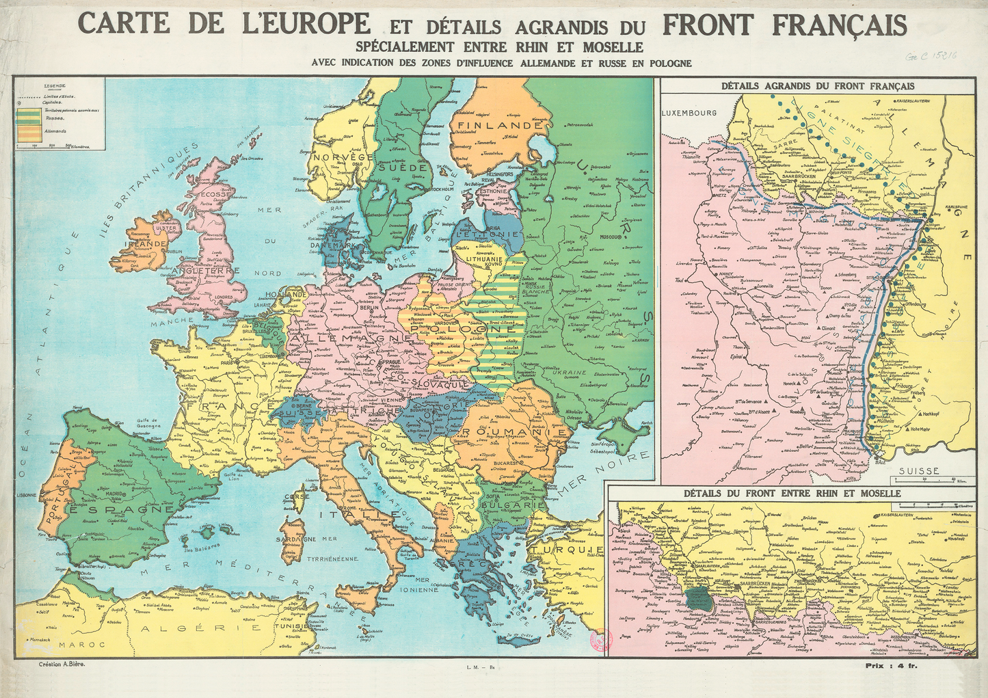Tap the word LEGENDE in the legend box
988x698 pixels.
(x=55, y=86)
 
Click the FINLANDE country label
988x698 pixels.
(x=500, y=126)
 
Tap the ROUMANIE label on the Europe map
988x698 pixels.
(x=515, y=433)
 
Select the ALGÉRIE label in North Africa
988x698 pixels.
(x=200, y=628)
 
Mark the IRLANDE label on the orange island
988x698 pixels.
(x=146, y=243)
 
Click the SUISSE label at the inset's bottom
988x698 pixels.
(x=918, y=470)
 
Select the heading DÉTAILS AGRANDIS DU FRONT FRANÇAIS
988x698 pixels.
(x=818, y=86)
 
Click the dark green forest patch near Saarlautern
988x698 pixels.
(x=699, y=598)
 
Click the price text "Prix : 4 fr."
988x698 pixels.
(x=892, y=665)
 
